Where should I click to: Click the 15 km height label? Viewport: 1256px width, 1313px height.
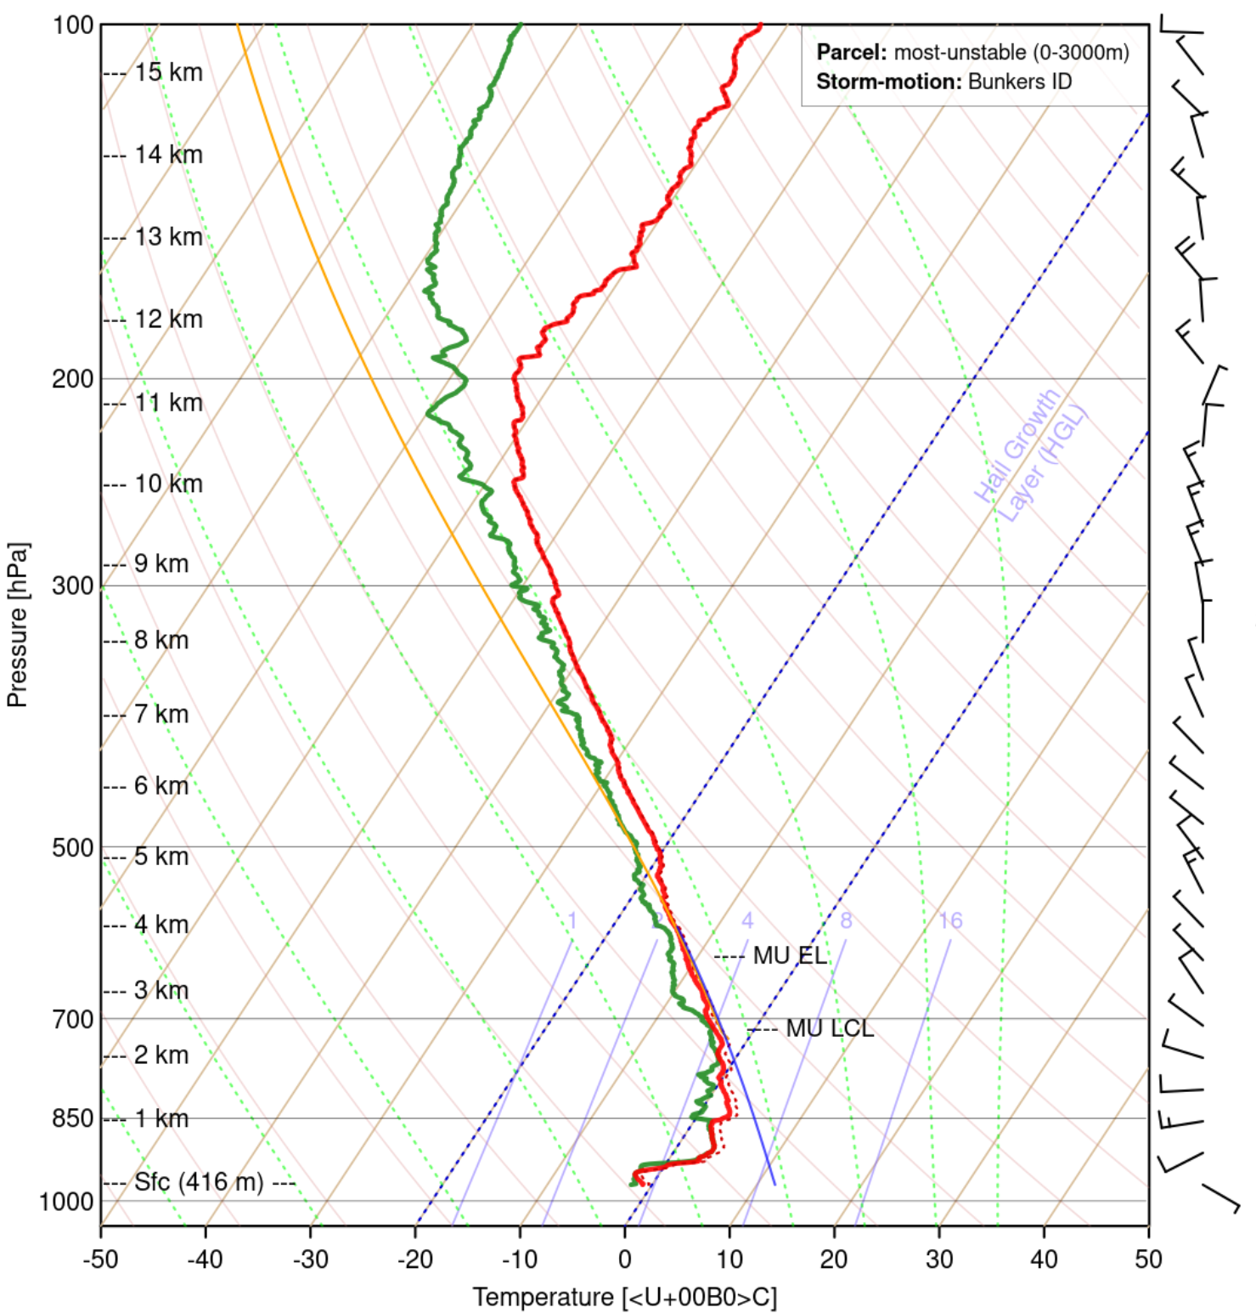tap(168, 73)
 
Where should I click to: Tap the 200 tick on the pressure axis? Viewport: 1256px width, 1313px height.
tap(72, 378)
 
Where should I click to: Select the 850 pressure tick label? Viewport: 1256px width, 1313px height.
tap(72, 1118)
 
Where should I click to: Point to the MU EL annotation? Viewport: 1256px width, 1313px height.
tap(789, 956)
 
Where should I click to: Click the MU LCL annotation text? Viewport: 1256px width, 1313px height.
tap(829, 1029)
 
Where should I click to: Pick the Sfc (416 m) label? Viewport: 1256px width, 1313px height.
tap(199, 1182)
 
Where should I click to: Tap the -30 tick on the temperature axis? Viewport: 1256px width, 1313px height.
tap(310, 1259)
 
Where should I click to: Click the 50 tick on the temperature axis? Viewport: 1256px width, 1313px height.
tap(1148, 1259)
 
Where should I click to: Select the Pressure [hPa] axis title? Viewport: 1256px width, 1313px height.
tap(17, 625)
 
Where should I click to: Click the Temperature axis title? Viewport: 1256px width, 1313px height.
tap(624, 1298)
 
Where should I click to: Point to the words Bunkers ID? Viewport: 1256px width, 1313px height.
tap(1019, 82)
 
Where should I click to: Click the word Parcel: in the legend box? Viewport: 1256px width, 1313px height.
tap(851, 53)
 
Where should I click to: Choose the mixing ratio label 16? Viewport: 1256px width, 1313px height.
tap(950, 920)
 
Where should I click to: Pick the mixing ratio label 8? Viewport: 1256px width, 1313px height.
tap(846, 920)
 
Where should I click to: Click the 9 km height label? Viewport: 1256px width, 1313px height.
tap(161, 563)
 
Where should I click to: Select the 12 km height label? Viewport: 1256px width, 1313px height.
tap(168, 320)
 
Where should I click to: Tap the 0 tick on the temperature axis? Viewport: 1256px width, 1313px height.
tap(625, 1259)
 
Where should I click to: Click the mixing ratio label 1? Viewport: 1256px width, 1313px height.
tap(572, 920)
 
